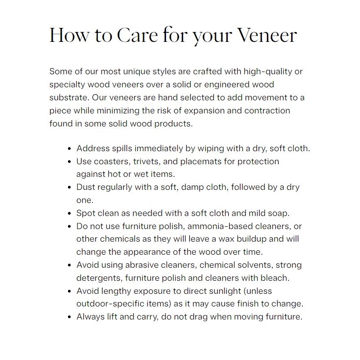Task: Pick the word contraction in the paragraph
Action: (x=263, y=110)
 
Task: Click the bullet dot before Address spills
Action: (x=69, y=148)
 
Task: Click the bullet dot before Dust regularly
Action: (x=69, y=188)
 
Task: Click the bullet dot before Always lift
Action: (x=69, y=317)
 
